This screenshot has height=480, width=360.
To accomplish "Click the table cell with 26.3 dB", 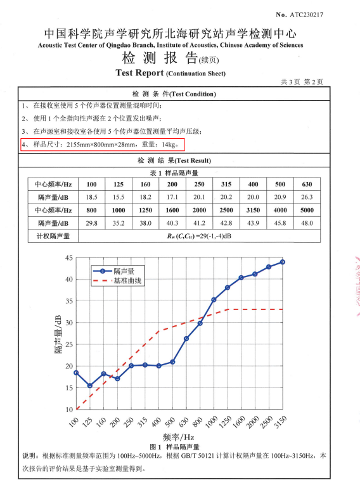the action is (x=307, y=197).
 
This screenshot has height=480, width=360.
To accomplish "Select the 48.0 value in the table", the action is (x=307, y=223).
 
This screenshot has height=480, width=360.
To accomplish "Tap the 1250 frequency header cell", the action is (x=145, y=211).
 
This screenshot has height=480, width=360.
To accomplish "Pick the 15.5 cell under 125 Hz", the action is (x=119, y=197).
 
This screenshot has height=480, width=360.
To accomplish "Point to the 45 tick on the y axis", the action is (x=69, y=258).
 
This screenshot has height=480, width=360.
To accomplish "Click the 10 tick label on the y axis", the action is (x=69, y=410).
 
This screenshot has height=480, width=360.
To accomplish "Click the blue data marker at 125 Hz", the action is (x=89, y=386).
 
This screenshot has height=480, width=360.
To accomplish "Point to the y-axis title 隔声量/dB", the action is (x=58, y=334).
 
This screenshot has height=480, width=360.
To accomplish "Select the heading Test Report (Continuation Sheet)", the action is (x=170, y=72).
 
